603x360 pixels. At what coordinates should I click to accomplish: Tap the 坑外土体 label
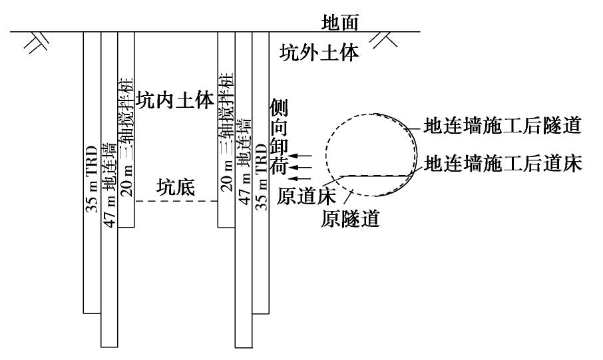pos(319,53)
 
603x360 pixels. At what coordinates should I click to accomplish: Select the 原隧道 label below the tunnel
pos(350,218)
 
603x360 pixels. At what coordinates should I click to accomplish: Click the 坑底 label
pos(176,188)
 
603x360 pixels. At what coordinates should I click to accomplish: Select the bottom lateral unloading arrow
pos(302,178)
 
